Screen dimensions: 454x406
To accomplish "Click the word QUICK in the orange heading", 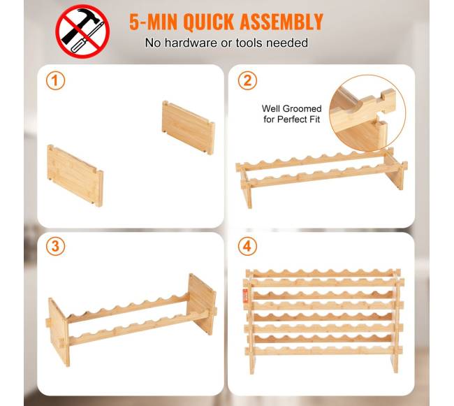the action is [x=208, y=22].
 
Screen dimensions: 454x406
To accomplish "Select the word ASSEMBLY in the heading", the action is [x=281, y=22].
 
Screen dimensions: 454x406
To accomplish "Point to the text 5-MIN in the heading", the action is [x=153, y=22].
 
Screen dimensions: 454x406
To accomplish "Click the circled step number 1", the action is [x=55, y=80].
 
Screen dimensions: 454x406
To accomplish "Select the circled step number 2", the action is [x=247, y=80].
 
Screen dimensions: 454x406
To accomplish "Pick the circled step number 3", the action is [x=55, y=247].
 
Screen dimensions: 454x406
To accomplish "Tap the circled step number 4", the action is [x=247, y=247].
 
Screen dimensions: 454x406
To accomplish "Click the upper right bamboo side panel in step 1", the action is [x=188, y=127].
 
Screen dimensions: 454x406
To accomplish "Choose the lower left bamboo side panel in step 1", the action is [x=75, y=175].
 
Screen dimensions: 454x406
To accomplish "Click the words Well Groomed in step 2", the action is [x=291, y=108].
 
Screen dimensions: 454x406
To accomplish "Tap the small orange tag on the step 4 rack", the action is [x=246, y=296].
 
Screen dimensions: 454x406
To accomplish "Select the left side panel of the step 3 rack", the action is [x=59, y=332].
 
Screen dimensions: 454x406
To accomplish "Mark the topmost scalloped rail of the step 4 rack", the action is [x=323, y=273].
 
